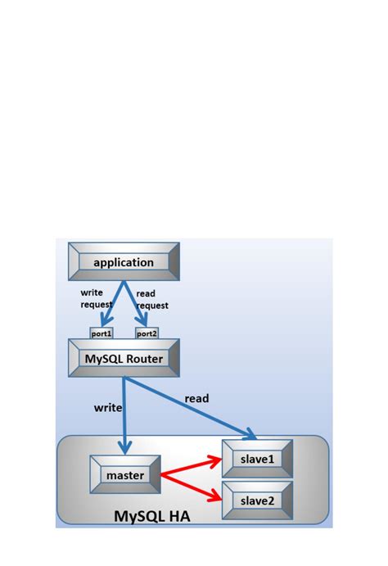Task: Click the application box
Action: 124,262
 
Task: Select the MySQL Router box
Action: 124,358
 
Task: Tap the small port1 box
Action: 102,333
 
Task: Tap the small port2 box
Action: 147,333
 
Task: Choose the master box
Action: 124,474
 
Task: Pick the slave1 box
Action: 258,460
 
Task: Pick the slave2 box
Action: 258,498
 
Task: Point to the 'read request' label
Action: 152,299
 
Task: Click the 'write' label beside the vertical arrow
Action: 108,407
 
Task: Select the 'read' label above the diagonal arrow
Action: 196,399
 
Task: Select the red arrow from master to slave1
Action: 192,467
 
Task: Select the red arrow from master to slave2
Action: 192,486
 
